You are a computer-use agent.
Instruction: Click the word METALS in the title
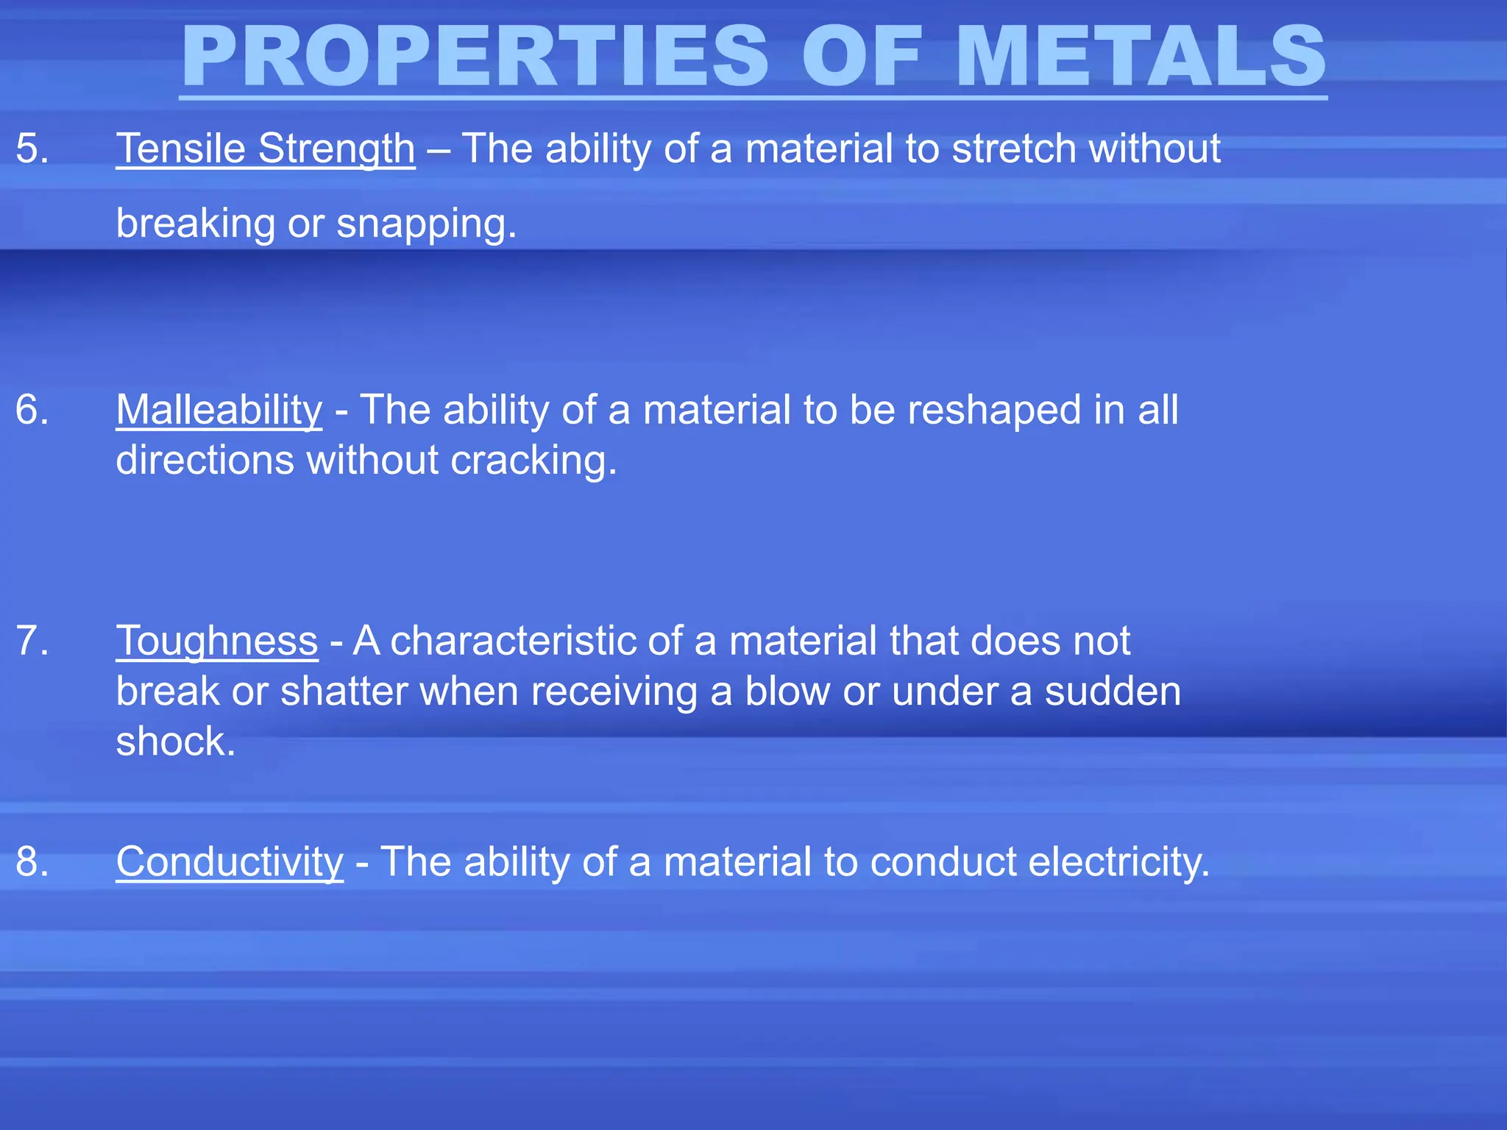point(1141,57)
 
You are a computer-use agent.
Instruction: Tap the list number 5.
point(32,149)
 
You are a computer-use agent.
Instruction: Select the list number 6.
point(32,410)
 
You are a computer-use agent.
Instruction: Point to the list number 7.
point(32,641)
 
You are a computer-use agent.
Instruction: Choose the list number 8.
point(32,861)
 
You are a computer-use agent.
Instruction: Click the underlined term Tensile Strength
point(266,149)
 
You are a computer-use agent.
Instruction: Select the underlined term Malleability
point(219,410)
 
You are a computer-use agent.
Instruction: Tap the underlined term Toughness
point(217,641)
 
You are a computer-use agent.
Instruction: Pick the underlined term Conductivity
point(230,861)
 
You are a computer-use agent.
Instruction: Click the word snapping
point(426,224)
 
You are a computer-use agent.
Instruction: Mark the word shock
point(175,742)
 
